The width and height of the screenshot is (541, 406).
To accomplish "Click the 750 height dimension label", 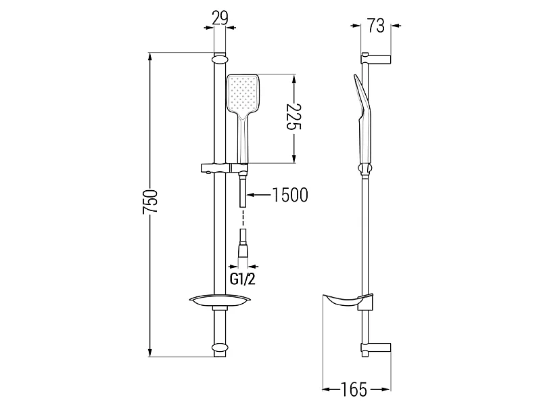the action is tap(150, 201).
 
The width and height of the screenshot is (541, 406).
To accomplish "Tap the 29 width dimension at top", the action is tap(220, 18).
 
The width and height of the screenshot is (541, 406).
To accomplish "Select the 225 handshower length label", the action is tap(294, 116).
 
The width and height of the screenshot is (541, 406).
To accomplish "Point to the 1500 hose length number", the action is tap(290, 195).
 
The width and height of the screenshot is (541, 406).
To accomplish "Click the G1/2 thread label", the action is tap(243, 279).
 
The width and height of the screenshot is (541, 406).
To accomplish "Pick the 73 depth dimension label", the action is tap(375, 26).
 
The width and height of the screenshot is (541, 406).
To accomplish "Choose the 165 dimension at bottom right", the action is tap(354, 390).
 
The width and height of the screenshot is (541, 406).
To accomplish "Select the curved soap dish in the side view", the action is tap(344, 301).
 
